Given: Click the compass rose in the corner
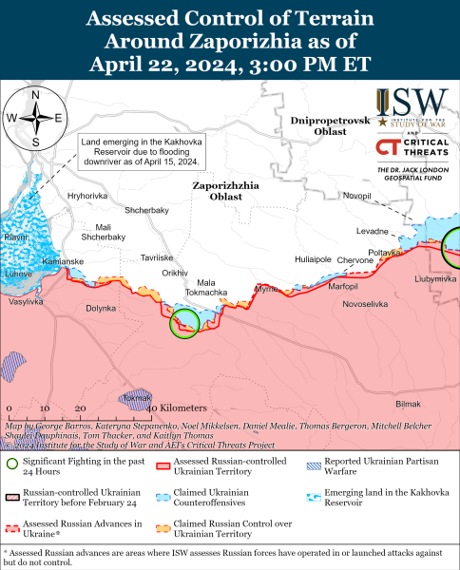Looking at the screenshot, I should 35,118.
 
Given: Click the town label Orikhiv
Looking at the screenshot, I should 175,272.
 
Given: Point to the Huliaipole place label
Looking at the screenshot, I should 313,258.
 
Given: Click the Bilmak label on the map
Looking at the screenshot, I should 407,404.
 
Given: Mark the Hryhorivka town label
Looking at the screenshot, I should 87,195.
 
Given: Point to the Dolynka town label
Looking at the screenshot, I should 101,308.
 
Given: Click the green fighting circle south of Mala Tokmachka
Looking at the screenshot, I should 184,323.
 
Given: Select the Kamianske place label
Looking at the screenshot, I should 65,260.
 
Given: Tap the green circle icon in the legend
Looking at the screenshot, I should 11,465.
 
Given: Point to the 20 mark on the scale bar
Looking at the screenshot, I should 80,407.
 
